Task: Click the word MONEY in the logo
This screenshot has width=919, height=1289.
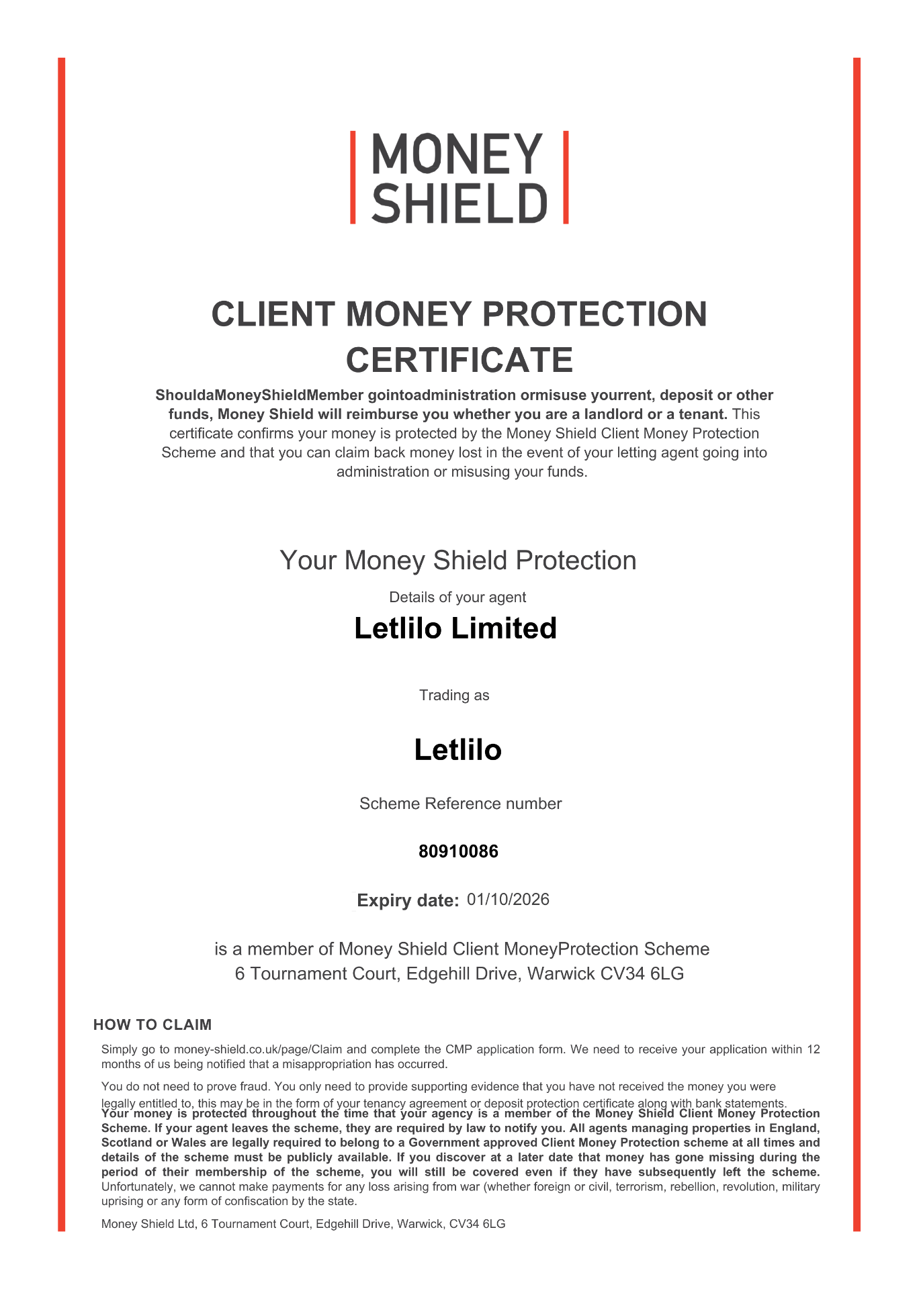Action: tap(457, 154)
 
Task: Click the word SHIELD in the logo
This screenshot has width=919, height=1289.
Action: tap(459, 204)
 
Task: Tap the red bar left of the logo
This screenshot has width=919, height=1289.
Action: tap(353, 177)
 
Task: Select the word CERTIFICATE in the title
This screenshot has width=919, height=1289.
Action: tap(459, 360)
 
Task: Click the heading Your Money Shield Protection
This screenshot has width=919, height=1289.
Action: tap(458, 561)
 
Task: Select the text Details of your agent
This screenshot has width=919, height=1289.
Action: tap(457, 598)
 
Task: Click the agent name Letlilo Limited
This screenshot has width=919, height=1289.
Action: tap(455, 628)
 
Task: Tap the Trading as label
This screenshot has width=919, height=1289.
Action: tap(454, 696)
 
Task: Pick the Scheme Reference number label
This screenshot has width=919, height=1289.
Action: tap(460, 804)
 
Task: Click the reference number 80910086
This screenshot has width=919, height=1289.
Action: tap(458, 852)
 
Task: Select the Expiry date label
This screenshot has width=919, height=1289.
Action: tap(408, 900)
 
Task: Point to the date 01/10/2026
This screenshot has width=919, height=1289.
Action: tap(508, 900)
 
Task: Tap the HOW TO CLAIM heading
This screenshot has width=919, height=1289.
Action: tap(152, 1024)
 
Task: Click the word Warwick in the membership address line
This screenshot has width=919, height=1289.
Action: tap(561, 973)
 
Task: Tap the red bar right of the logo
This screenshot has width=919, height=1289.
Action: tap(566, 177)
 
